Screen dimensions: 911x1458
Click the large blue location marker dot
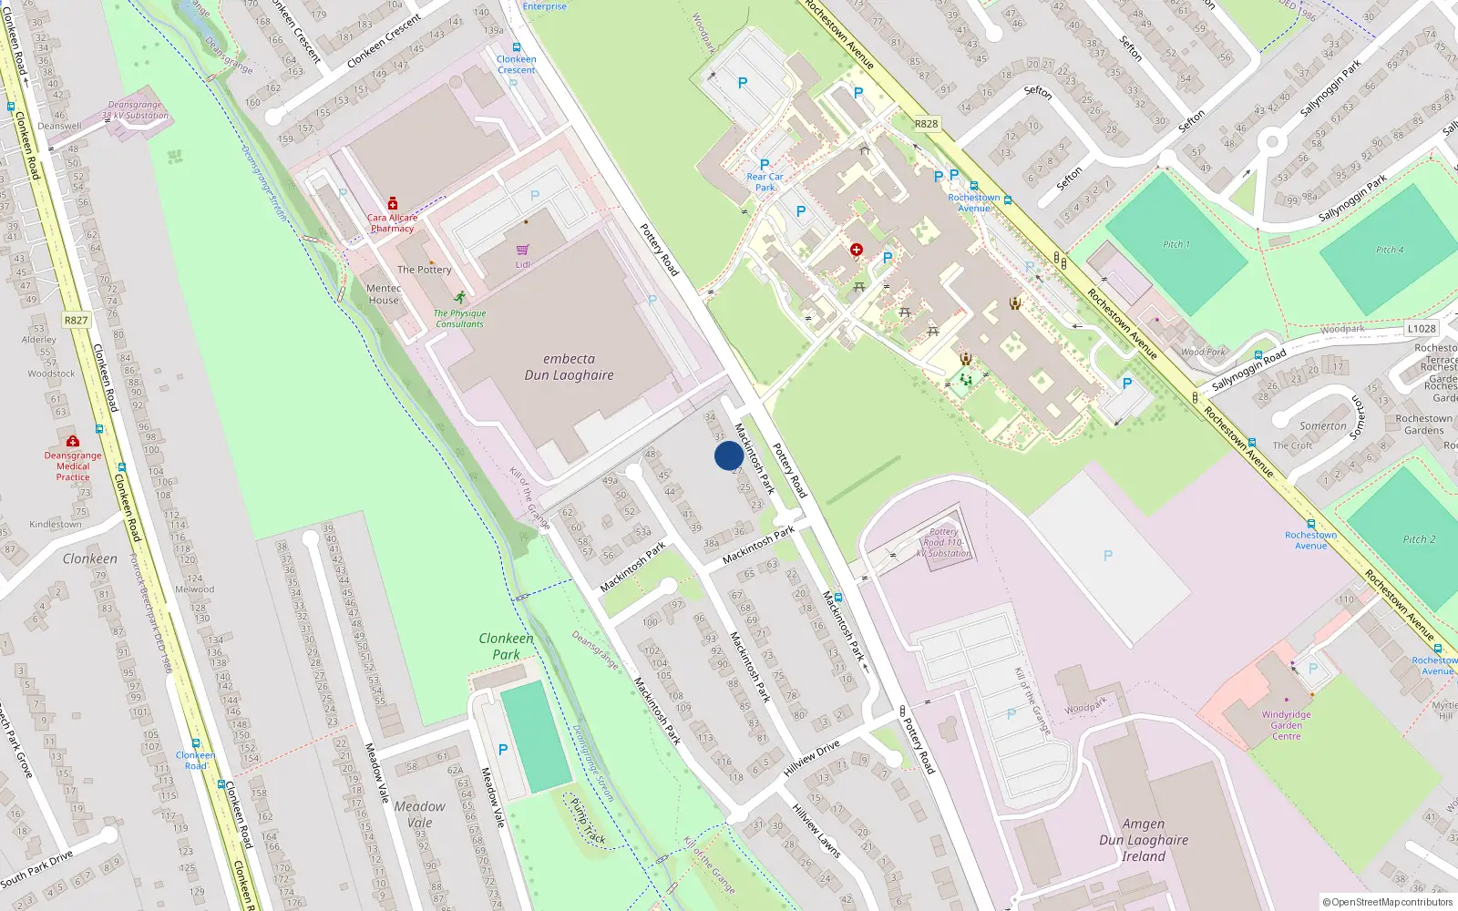(728, 455)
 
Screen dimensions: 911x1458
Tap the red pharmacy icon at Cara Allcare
(393, 203)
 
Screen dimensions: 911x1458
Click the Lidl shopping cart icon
(522, 250)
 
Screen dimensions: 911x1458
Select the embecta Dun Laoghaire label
(569, 367)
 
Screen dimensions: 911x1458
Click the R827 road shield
(77, 321)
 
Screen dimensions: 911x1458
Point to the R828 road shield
(927, 124)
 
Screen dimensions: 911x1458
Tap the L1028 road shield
(1422, 329)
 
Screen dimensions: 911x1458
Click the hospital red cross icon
(857, 250)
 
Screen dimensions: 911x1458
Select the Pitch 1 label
(1176, 244)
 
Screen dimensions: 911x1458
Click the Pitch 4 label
(1390, 250)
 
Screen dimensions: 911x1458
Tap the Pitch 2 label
(1419, 539)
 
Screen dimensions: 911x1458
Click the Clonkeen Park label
(507, 646)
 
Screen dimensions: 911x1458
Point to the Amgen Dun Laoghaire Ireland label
(1144, 840)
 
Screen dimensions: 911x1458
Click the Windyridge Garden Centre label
(1286, 725)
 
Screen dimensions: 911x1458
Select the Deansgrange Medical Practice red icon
(73, 441)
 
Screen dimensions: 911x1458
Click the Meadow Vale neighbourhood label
(419, 814)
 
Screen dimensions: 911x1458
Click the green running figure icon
(460, 297)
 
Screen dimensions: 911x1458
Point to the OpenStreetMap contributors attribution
(1388, 903)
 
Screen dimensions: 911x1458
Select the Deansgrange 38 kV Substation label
(135, 110)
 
